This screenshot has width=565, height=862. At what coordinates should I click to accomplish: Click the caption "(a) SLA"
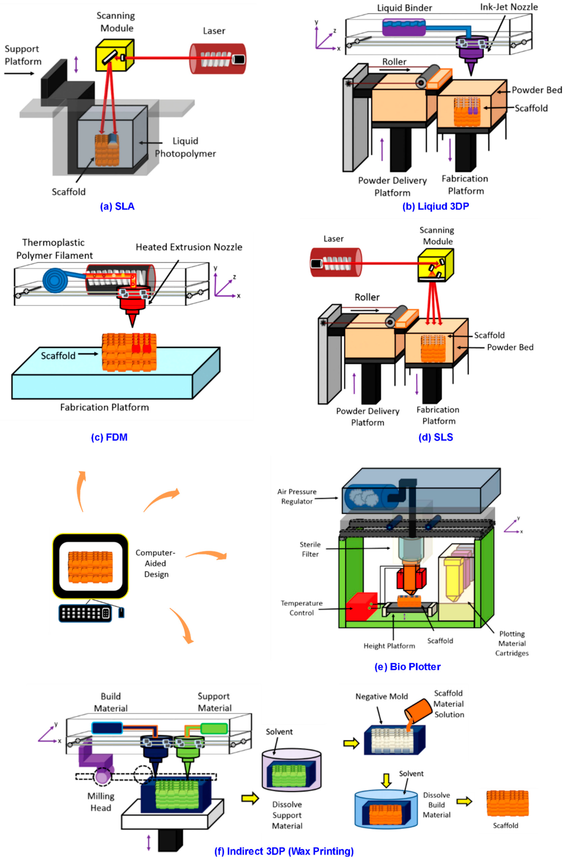click(x=117, y=206)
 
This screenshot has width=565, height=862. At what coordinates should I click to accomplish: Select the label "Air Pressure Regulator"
click(x=297, y=496)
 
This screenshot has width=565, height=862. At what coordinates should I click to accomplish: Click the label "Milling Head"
click(x=101, y=802)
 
